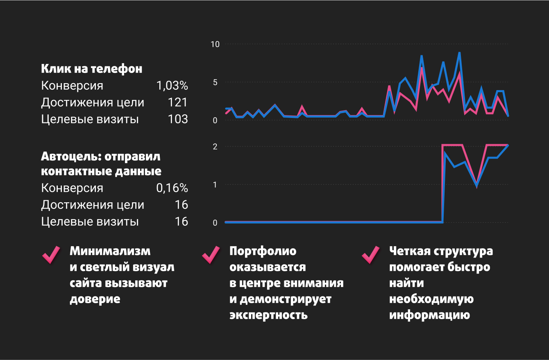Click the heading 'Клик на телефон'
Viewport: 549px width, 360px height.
91,69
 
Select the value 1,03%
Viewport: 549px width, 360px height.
172,86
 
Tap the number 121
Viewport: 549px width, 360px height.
178,102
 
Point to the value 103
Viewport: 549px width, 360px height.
178,119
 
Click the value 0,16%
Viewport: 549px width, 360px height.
172,188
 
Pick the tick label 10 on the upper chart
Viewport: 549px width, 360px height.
215,44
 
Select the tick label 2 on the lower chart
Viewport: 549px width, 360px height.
215,147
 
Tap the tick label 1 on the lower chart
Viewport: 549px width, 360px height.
215,185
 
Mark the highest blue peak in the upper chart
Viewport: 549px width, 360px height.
459,53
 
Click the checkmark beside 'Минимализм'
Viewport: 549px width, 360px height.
51,255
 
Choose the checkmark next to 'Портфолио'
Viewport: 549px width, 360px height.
211,255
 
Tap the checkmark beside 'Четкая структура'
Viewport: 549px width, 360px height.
371,255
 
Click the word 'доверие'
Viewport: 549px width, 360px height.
95,299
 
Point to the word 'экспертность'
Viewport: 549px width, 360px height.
268,315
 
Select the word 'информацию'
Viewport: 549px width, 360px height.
429,315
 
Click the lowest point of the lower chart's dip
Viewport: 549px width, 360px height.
476,185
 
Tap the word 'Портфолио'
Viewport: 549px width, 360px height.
263,251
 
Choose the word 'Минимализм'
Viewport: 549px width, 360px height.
110,251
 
